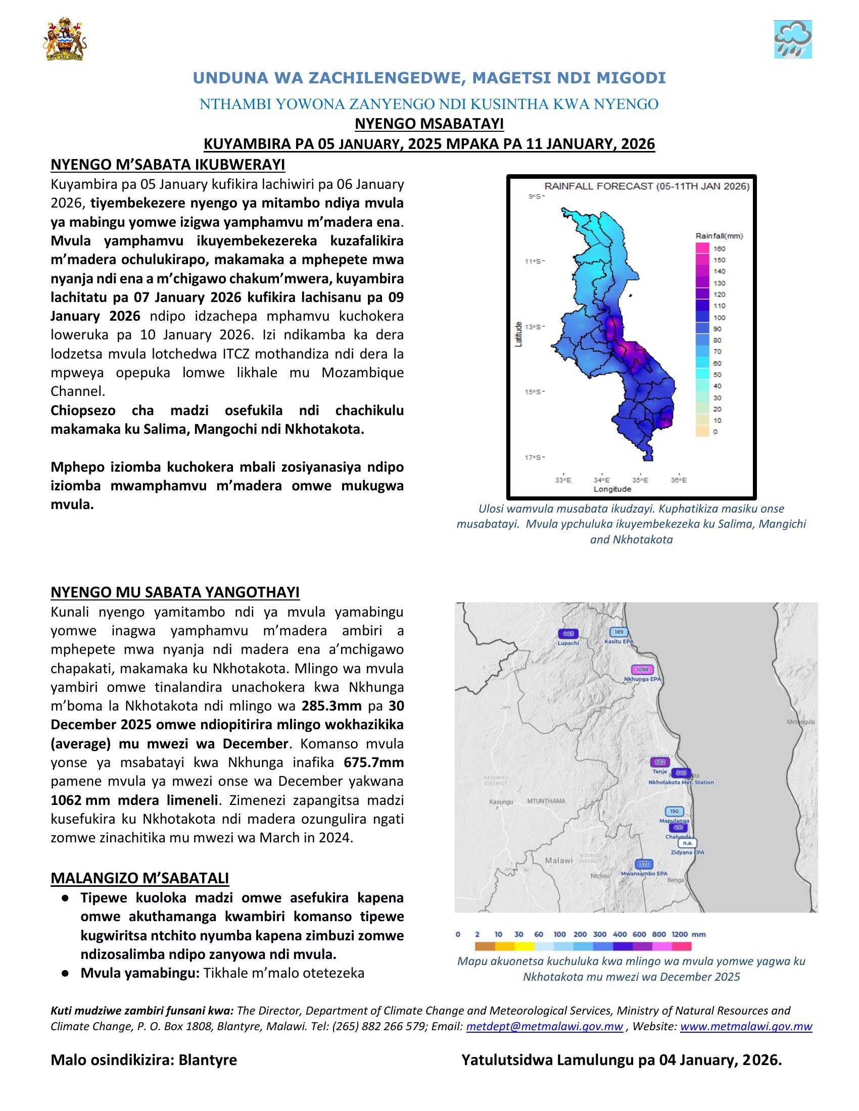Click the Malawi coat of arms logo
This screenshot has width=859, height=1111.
65,40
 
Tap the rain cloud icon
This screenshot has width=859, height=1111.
792,39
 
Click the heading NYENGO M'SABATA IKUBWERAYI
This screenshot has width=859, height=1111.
167,165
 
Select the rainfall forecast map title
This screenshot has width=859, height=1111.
647,186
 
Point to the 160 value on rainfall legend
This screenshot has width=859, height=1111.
720,249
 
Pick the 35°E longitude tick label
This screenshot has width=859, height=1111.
640,480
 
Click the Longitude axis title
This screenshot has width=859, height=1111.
612,489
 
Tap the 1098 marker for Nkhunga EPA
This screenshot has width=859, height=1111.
642,670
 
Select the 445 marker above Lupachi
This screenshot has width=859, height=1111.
568,633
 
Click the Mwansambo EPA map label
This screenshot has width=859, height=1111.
644,874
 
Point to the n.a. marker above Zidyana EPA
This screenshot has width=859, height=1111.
688,843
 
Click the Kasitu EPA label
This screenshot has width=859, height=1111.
619,641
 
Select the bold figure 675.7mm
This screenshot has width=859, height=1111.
373,763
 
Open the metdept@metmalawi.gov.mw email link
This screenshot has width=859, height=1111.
544,1026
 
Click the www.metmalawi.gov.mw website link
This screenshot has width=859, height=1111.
745,1026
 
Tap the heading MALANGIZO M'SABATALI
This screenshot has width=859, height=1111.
139,878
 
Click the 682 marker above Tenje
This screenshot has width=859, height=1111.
659,762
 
